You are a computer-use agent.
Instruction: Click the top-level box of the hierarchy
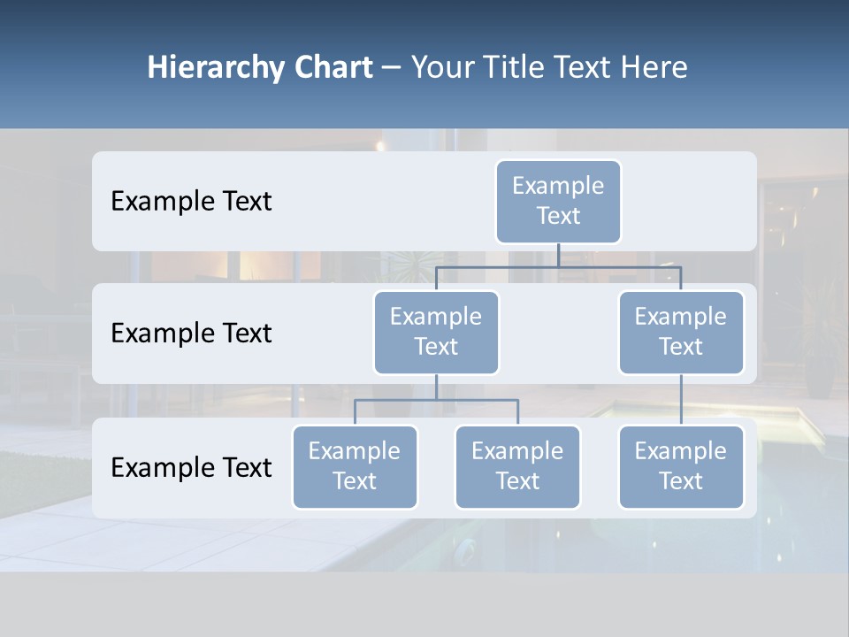(x=558, y=202)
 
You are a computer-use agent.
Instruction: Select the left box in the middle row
(x=436, y=333)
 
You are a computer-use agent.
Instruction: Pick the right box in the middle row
(x=681, y=333)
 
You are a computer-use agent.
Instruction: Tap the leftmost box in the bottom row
(x=355, y=467)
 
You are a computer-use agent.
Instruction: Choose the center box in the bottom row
(x=517, y=467)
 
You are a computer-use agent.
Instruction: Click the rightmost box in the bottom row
(x=681, y=467)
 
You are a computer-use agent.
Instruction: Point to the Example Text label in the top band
(x=191, y=202)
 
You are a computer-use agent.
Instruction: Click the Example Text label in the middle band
(x=191, y=334)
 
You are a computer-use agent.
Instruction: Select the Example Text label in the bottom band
(x=191, y=467)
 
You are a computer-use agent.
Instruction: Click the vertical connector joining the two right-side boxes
(x=681, y=400)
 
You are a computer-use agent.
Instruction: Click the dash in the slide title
(x=392, y=68)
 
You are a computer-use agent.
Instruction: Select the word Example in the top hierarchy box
(x=558, y=186)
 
